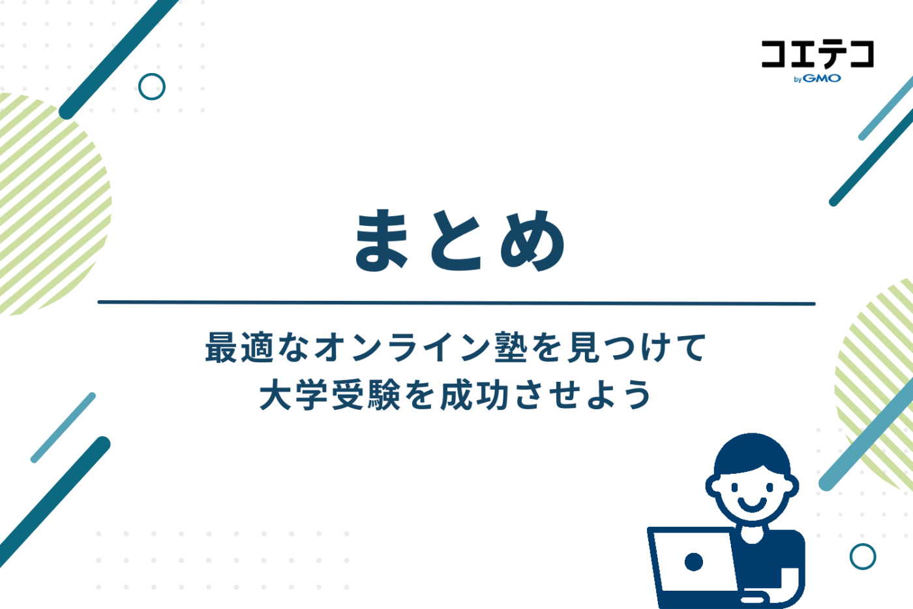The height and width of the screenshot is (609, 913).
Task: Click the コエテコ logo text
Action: tap(817, 54)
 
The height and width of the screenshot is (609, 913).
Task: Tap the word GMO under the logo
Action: tap(822, 78)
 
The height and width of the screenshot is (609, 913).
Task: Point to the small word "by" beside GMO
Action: tap(798, 80)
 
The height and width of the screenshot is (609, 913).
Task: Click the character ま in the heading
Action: tap(382, 240)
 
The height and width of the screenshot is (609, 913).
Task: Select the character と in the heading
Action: tap(456, 242)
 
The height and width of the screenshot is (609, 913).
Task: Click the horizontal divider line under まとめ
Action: tap(456, 303)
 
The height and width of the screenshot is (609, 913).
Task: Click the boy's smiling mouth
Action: tap(752, 503)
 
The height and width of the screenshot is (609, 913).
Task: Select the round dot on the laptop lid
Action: tap(694, 561)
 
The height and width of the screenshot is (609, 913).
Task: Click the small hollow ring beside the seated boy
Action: tap(863, 556)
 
